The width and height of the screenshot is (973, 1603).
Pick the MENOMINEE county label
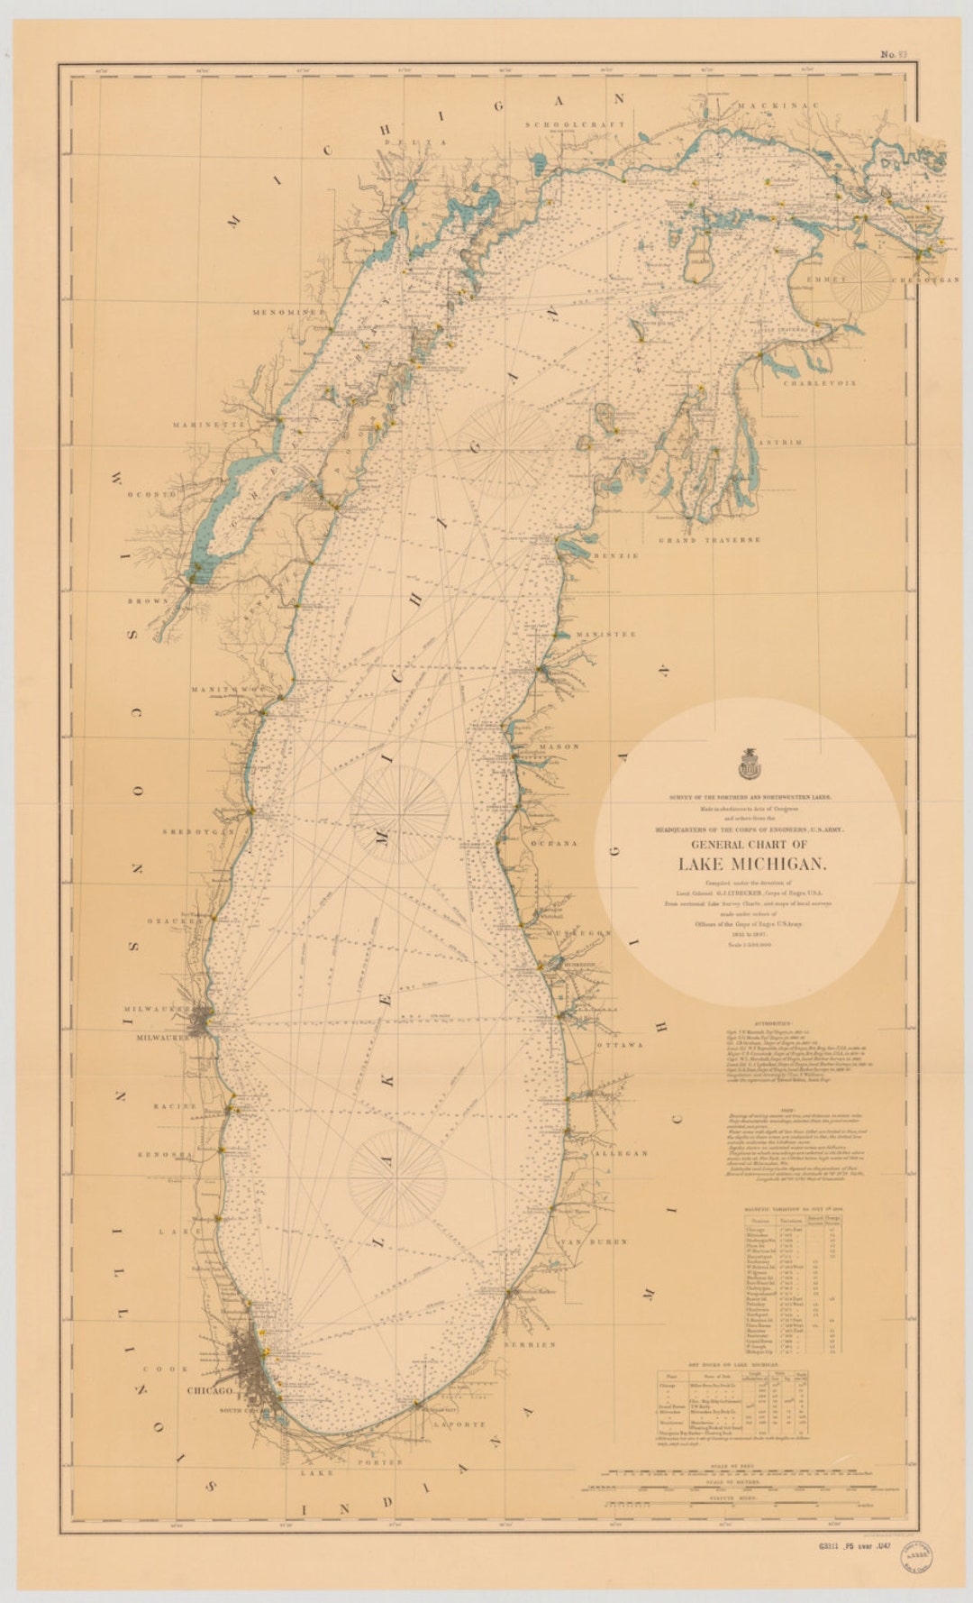(x=287, y=312)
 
